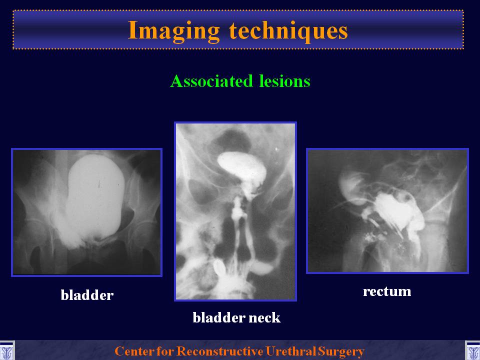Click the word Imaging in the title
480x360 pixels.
[173, 31]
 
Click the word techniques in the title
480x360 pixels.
[288, 30]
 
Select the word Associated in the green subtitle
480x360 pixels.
[211, 81]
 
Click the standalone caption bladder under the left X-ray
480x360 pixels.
[87, 295]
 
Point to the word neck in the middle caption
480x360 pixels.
[264, 317]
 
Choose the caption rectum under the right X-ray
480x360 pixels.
[387, 291]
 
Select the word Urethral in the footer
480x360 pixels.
[291, 351]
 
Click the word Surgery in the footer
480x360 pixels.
[341, 351]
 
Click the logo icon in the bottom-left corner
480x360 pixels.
[7, 351]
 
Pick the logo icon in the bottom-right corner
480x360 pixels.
[472, 351]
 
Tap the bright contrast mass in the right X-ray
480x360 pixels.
[398, 211]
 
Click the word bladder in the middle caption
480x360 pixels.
[219, 317]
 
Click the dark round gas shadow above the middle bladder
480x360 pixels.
[231, 141]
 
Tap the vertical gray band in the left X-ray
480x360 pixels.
[60, 211]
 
